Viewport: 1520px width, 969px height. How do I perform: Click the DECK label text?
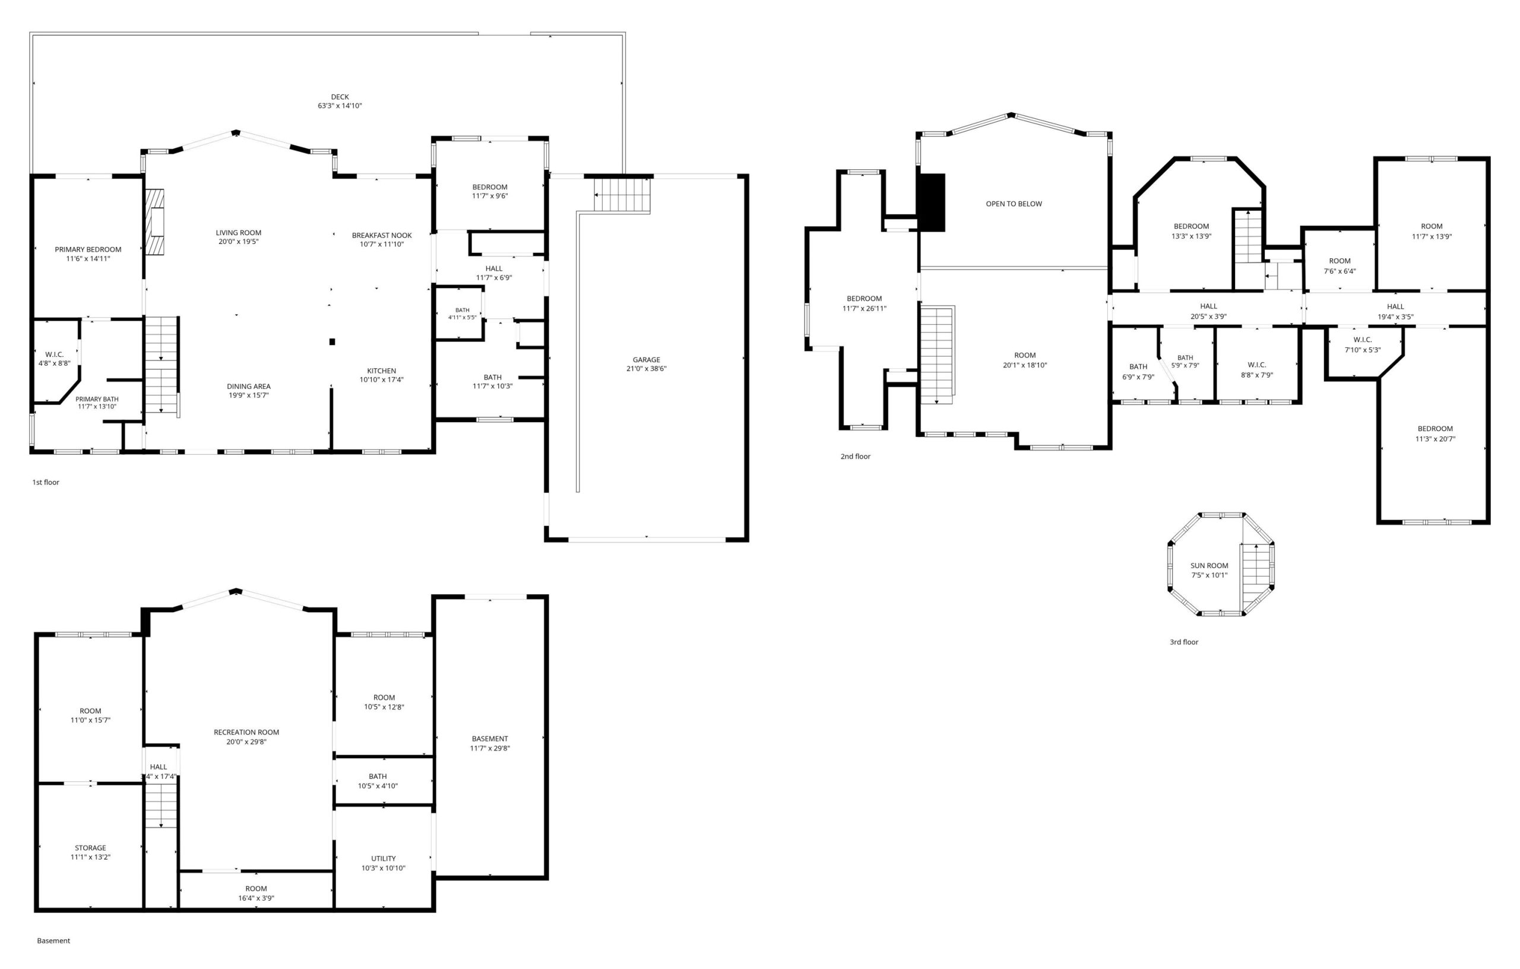[340, 97]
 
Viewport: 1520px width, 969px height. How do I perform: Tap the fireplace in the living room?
[154, 221]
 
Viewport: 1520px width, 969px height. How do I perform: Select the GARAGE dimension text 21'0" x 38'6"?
[647, 369]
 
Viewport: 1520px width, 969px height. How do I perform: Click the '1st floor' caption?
[46, 482]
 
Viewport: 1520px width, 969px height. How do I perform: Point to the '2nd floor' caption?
[856, 457]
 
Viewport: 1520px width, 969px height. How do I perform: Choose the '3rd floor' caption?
[1183, 642]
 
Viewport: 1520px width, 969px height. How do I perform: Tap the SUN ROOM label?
[1209, 566]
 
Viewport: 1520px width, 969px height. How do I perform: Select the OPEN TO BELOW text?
[1014, 204]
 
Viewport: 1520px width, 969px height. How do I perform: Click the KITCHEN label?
[382, 371]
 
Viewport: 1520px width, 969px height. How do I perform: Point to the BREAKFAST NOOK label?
[382, 236]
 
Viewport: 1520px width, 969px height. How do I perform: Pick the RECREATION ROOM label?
[246, 732]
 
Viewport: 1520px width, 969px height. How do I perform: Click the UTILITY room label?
[383, 859]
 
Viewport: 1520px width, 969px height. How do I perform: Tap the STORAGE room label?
[90, 848]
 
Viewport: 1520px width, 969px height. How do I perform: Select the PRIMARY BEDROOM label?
[88, 249]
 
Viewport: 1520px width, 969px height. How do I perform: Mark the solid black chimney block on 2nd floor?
[932, 202]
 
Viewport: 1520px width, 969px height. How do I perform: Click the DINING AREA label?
[249, 387]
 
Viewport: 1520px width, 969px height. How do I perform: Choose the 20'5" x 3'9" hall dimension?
[1209, 316]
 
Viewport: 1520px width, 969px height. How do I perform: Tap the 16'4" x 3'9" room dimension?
[256, 898]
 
